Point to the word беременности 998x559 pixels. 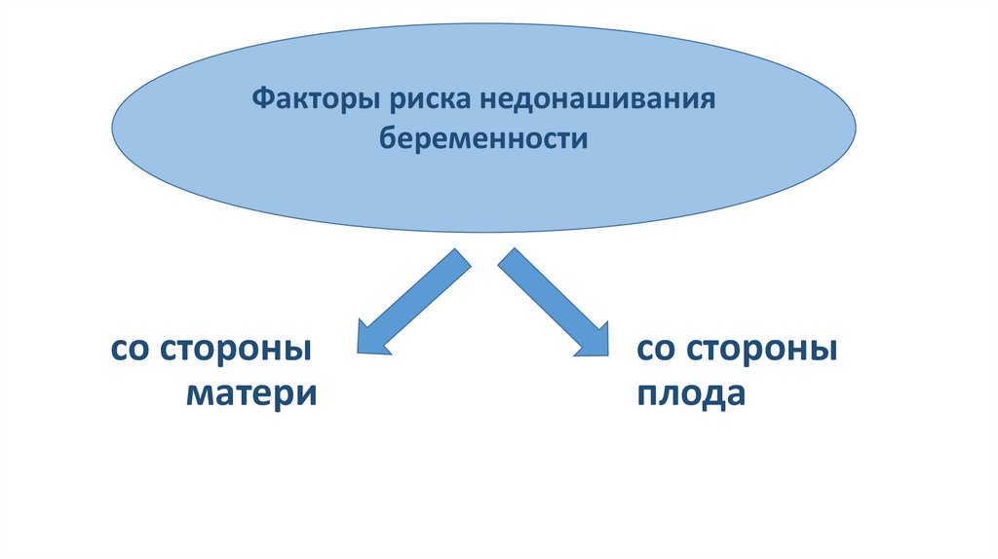click(x=483, y=138)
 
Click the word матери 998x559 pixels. click(x=250, y=394)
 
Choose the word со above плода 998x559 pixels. click(x=653, y=349)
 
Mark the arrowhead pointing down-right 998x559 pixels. click(x=592, y=337)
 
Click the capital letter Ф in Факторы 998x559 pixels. click(x=262, y=100)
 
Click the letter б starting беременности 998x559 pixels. click(x=387, y=138)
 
